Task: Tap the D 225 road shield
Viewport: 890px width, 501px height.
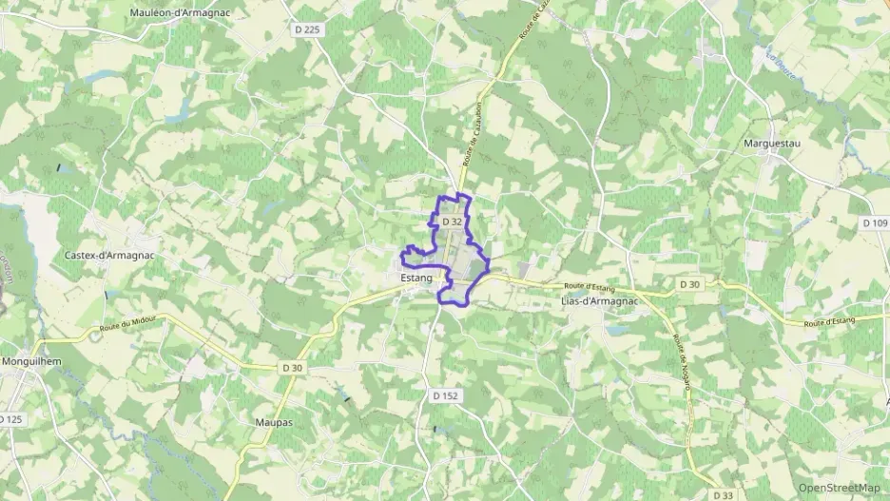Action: (x=307, y=29)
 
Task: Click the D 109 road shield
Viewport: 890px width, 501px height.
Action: (x=874, y=222)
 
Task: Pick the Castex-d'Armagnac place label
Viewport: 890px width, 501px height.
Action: (x=108, y=256)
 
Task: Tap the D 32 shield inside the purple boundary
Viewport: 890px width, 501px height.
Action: (x=452, y=222)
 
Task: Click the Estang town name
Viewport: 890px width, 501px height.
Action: (x=416, y=279)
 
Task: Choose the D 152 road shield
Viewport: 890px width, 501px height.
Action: (x=445, y=395)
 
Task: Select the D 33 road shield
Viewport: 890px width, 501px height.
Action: (x=722, y=494)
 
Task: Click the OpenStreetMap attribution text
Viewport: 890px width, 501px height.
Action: (x=840, y=488)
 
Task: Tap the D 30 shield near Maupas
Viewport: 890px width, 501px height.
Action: (x=292, y=368)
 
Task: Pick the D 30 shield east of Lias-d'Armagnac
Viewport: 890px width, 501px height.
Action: (x=689, y=284)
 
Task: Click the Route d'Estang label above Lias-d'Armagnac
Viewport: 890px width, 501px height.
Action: (x=591, y=285)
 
